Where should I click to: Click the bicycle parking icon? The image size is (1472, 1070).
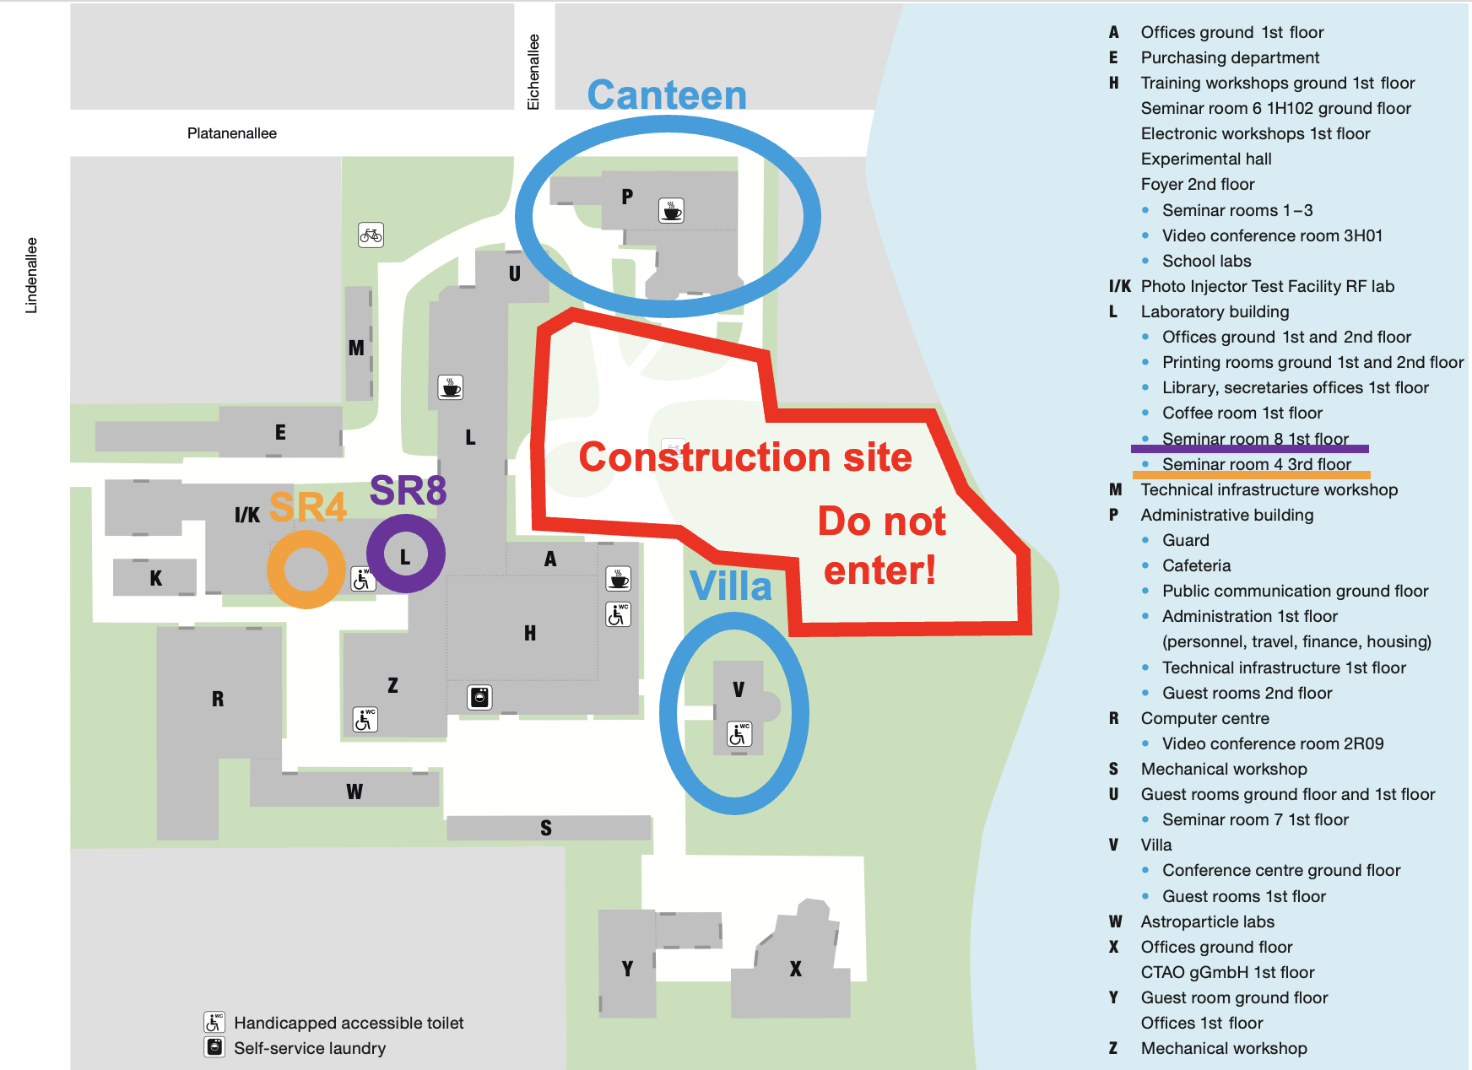pos(371,235)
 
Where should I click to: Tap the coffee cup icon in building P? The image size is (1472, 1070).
pos(671,210)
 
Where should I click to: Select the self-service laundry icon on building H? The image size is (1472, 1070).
pos(479,697)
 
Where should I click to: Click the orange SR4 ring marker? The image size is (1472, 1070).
pos(306,570)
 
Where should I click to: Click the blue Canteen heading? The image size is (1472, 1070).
pos(667,95)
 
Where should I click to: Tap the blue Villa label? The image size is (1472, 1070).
pos(731,586)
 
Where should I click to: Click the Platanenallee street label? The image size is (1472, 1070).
pos(232,133)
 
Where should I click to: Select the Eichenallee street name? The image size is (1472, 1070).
pos(533,72)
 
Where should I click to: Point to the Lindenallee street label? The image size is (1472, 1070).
pos(31,275)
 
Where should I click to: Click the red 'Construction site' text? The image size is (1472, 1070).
pos(745,457)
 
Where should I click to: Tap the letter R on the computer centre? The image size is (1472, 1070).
pos(218,699)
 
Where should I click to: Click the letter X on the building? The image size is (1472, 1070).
pos(795,969)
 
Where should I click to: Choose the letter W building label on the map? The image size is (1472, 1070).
pos(354,792)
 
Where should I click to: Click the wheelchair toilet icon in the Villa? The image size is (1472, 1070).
pos(739,734)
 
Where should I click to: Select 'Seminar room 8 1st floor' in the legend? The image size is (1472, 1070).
pos(1255,439)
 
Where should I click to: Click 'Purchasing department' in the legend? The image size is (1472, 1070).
pos(1230,57)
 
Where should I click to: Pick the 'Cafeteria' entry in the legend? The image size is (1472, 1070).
pos(1196,565)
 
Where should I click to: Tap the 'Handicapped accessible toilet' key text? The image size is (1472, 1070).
pos(349,1023)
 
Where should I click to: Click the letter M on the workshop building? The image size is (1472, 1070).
pos(356,348)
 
